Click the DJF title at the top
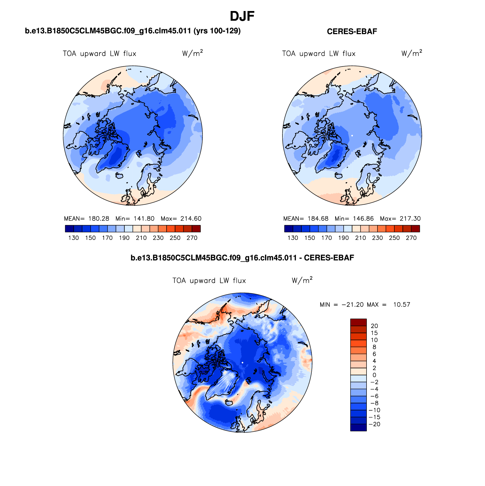[242, 17]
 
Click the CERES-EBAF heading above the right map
[352, 32]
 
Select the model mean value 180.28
[99, 219]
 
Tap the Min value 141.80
[144, 219]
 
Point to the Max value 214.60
[191, 219]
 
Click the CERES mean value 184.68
[318, 219]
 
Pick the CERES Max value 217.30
[410, 219]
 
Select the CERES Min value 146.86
[363, 219]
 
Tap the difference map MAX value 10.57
[402, 305]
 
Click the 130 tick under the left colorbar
[74, 238]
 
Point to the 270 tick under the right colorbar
[411, 238]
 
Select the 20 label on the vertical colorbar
[374, 326]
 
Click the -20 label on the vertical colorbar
[375, 424]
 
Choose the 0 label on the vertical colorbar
[374, 375]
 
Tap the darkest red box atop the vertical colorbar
[358, 322]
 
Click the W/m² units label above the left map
[192, 53]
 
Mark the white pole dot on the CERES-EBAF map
[352, 136]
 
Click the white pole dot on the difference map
[242, 363]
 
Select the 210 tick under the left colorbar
[141, 238]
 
